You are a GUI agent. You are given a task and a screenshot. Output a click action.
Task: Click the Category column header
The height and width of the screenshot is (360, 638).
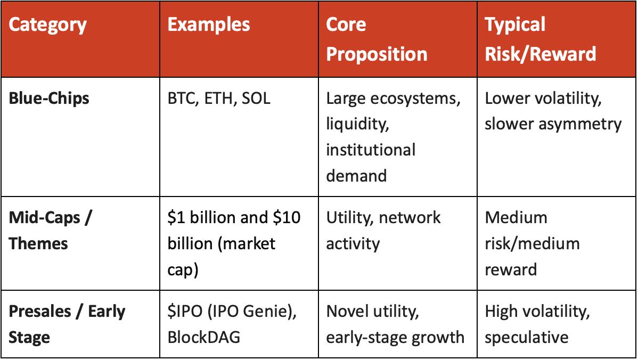click(48, 26)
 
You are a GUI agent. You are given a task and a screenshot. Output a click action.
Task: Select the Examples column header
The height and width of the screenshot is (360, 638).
click(208, 26)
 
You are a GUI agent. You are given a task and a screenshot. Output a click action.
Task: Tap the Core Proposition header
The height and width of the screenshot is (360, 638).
click(377, 39)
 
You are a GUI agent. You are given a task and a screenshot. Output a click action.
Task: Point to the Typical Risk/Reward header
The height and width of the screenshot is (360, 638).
click(540, 39)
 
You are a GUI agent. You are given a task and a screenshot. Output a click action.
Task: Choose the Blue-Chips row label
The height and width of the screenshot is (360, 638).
click(50, 99)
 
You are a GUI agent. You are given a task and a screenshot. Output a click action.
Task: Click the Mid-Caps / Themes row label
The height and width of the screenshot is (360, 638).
click(51, 230)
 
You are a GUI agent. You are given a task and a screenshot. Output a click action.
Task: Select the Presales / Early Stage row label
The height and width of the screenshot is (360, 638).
click(67, 324)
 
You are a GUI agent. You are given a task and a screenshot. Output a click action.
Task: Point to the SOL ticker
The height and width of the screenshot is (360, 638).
click(256, 99)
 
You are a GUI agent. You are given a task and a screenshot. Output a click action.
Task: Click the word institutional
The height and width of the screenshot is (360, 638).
click(371, 150)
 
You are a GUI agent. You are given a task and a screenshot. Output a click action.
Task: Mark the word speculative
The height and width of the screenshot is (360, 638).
click(527, 338)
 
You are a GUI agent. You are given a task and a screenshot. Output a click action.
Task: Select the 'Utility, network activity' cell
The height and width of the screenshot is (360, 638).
click(383, 230)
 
